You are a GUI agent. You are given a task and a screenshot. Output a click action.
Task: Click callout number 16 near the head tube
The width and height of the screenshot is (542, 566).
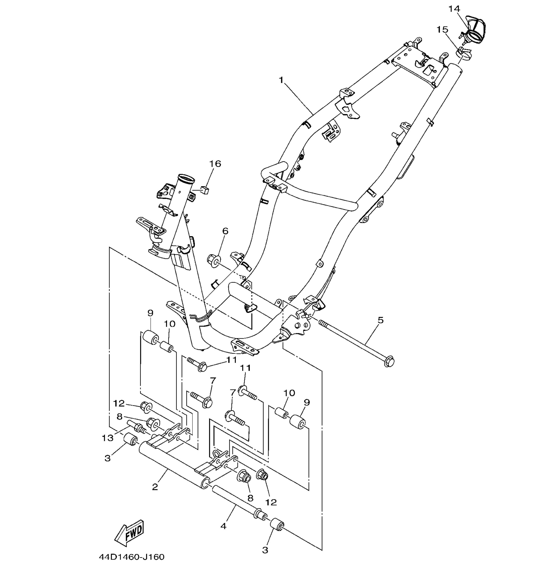tap(215, 164)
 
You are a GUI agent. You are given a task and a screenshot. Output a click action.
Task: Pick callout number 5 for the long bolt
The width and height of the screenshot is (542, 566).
tap(381, 320)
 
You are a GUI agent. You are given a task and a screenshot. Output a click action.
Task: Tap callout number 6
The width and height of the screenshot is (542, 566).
tap(225, 231)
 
